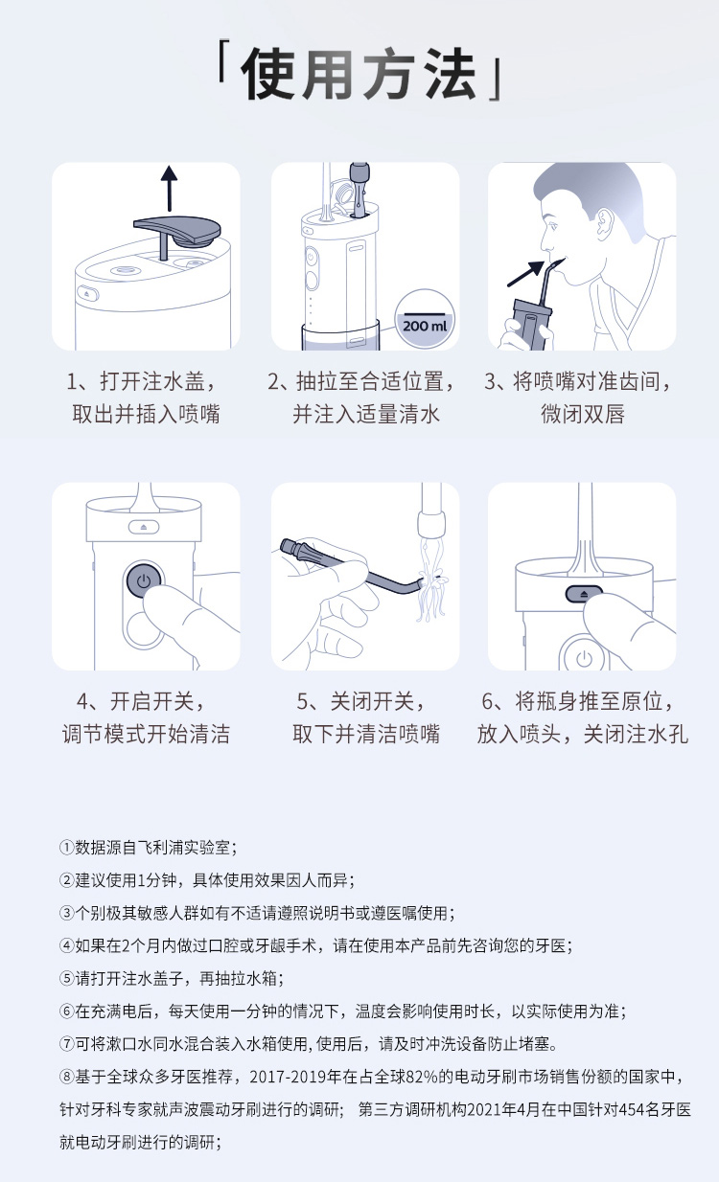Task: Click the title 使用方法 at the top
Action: (359, 74)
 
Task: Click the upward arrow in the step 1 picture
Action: (169, 189)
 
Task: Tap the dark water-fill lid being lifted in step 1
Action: (177, 233)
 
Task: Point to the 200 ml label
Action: (425, 325)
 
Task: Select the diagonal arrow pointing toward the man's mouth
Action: (526, 273)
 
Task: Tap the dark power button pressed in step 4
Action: (143, 580)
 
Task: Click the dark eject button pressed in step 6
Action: (584, 594)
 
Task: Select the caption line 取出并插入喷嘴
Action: (146, 414)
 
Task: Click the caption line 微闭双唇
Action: (582, 414)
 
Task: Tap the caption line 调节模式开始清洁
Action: (146, 734)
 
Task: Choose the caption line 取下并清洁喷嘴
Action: (366, 734)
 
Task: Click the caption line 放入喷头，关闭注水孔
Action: (582, 734)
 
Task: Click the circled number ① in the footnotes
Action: (66, 848)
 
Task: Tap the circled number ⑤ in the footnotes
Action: (66, 978)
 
